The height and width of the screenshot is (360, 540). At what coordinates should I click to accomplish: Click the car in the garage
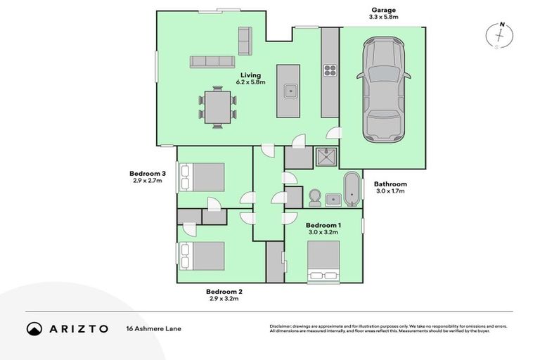coord(383,90)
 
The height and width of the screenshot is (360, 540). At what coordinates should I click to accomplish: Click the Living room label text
coord(251,75)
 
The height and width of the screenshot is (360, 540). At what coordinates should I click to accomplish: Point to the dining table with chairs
coord(218,107)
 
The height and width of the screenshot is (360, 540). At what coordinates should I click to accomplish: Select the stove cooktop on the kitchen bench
coord(330,70)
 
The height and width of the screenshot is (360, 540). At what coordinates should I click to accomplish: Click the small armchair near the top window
coord(245,40)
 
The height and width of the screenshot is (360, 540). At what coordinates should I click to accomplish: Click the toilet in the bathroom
coord(315,197)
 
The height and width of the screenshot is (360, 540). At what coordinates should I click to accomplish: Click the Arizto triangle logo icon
coord(34,328)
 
